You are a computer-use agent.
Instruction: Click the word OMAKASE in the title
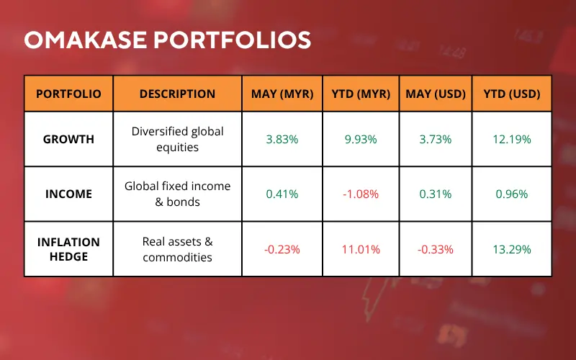86,40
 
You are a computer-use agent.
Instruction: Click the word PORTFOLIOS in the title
232,40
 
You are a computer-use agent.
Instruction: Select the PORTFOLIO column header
68,94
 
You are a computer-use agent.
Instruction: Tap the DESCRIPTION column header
177,94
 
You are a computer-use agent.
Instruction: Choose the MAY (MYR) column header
282,94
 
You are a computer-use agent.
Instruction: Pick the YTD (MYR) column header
361,94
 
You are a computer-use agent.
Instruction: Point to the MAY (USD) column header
436,94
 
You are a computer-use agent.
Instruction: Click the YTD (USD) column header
512,94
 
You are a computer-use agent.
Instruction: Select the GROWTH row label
68,139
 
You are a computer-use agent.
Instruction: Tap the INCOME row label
68,194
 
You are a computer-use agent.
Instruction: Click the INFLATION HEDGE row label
68,249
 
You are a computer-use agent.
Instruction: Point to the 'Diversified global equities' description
177,139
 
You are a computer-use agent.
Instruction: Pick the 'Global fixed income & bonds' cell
177,194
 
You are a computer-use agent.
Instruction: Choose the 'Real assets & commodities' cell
177,249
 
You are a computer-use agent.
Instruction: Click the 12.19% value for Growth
512,139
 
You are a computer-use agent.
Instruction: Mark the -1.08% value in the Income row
361,194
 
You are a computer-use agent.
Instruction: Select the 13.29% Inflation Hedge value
512,249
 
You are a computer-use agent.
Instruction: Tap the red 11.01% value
361,249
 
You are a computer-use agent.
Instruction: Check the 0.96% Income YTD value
512,194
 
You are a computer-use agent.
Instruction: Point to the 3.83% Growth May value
282,139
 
